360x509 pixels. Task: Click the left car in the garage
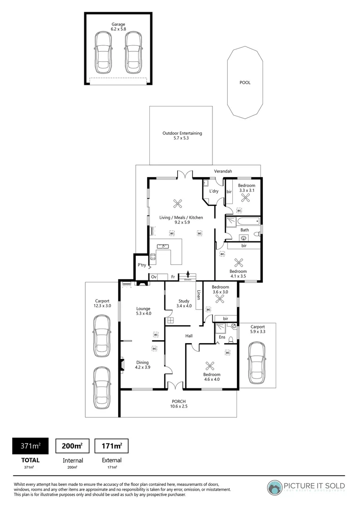pos(104,52)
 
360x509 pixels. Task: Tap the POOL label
pos(245,82)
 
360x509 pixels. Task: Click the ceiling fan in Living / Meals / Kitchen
pos(178,204)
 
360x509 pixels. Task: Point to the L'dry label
pos(213,191)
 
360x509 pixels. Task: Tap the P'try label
pos(141,265)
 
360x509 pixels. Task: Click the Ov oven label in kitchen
pos(154,277)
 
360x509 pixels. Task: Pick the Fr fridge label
pos(173,277)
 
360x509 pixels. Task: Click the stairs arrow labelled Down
pos(188,275)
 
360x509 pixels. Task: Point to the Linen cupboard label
pos(199,295)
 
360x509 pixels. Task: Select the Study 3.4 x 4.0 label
pos(183,304)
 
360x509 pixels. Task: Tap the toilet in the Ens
pos(231,339)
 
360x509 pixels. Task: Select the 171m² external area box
pos(112,445)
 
